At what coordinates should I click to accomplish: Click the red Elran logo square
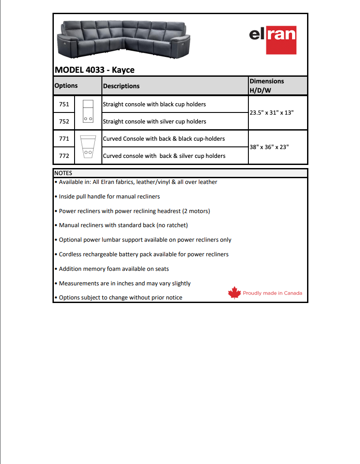tap(281, 40)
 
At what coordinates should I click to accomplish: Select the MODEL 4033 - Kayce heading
tap(94, 70)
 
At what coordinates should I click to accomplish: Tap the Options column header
tap(66, 86)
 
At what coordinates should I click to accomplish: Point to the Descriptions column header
tap(121, 86)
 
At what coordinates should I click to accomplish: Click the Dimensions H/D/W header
tap(267, 86)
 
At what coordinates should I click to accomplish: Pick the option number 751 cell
tap(64, 105)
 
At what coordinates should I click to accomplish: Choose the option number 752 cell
tap(64, 121)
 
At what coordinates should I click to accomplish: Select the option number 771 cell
tap(64, 138)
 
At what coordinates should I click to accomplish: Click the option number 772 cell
tap(64, 156)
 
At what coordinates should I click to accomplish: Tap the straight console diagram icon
tap(88, 112)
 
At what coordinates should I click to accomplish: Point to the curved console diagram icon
tap(88, 147)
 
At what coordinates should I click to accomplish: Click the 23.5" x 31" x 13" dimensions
tap(272, 112)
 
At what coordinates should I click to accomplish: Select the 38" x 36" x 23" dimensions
tap(269, 147)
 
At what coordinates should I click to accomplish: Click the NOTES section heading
tap(63, 173)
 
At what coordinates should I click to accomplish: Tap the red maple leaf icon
tap(234, 293)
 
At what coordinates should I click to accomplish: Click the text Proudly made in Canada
tap(273, 293)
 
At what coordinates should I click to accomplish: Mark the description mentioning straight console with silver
tap(154, 121)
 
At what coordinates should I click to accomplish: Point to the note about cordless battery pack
tap(143, 254)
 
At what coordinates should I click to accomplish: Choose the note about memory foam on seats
tap(113, 269)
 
